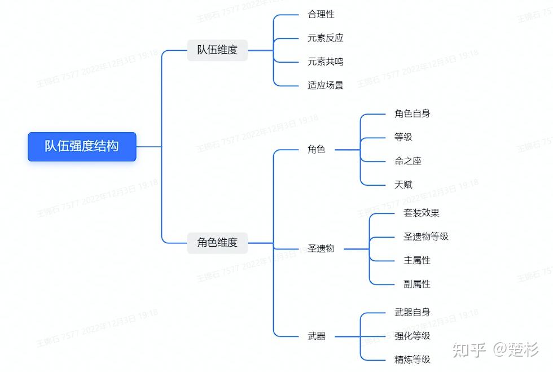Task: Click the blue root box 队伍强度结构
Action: pos(82,146)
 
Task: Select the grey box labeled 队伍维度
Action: pos(217,50)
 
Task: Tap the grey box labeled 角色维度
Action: pos(217,243)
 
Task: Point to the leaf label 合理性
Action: pos(321,15)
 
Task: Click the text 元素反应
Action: pos(325,38)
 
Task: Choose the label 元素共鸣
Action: pos(325,62)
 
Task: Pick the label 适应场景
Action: pos(325,85)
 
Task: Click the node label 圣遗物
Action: pos(321,249)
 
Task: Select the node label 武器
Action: pos(317,336)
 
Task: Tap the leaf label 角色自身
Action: pos(412,113)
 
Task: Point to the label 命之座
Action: pos(407,161)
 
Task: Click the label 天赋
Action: pos(403,185)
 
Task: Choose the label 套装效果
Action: pos(422,213)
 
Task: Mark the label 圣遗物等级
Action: pos(425,237)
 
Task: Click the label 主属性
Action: pos(417,260)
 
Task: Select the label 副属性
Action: pos(417,284)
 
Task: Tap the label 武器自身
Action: pos(412,312)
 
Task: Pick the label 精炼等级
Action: pos(412,360)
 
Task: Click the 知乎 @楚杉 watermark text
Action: pos(495,349)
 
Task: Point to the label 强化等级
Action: pos(412,336)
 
